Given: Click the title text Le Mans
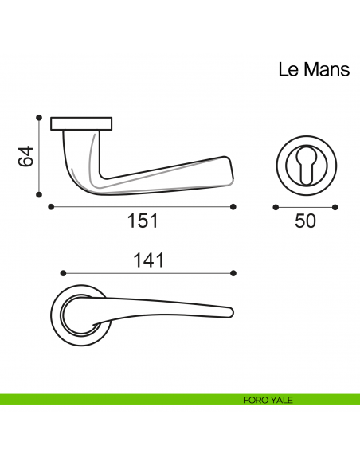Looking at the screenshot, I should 313,69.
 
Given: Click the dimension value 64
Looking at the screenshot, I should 26,156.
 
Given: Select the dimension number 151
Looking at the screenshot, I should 143,221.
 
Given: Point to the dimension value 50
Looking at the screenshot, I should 305,221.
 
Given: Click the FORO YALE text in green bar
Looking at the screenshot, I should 268,400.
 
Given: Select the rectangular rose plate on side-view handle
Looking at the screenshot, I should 81,123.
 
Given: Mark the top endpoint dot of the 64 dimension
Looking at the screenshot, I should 39,116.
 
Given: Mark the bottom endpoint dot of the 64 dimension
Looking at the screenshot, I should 39,193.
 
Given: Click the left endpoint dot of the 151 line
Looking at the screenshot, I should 51,207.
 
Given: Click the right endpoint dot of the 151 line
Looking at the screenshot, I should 233,207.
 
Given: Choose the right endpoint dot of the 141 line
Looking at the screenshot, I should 233,273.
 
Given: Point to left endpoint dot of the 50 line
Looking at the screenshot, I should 275,207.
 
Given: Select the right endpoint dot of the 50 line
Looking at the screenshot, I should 335,207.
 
